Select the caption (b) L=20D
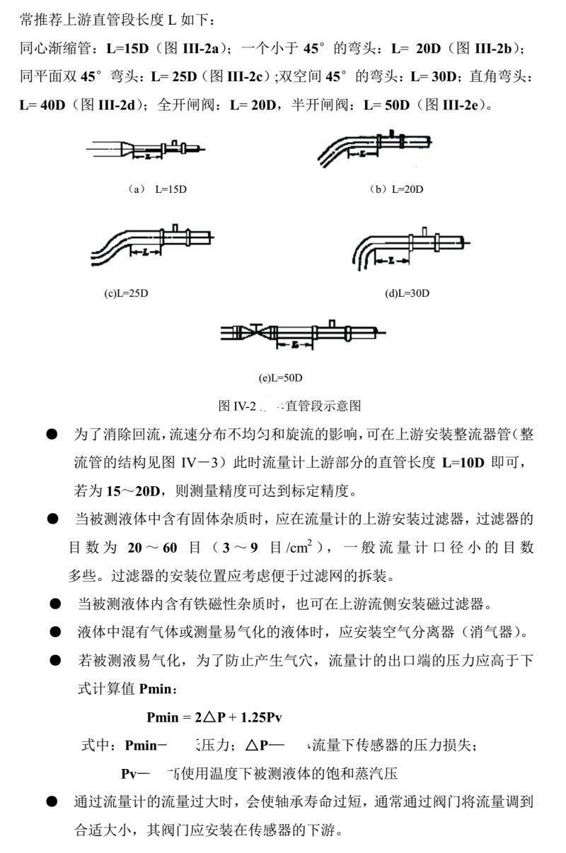click(x=396, y=189)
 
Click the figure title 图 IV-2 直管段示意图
click(x=289, y=406)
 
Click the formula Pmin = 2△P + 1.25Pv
click(x=214, y=717)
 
